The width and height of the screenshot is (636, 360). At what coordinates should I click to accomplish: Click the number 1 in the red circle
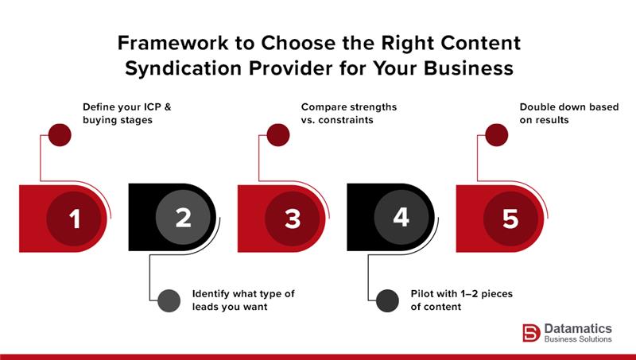tap(75, 218)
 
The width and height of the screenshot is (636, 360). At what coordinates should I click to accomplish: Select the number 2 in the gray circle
tap(184, 218)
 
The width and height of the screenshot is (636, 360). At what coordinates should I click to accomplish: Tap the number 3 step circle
tap(293, 218)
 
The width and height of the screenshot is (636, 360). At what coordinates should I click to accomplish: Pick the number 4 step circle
tap(401, 218)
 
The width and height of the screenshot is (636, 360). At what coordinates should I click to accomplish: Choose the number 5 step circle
tap(510, 218)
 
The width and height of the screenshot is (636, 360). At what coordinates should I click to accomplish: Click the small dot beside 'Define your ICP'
tap(60, 134)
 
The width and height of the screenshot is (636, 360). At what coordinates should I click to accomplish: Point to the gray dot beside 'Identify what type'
tap(169, 300)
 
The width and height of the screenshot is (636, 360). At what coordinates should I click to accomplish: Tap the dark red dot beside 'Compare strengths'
tap(277, 134)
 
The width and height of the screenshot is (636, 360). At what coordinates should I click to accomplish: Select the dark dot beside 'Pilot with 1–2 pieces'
tap(387, 300)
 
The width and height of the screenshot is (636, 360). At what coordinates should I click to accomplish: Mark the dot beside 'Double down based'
tap(496, 134)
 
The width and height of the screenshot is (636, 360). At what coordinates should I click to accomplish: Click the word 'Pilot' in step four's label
tap(425, 293)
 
